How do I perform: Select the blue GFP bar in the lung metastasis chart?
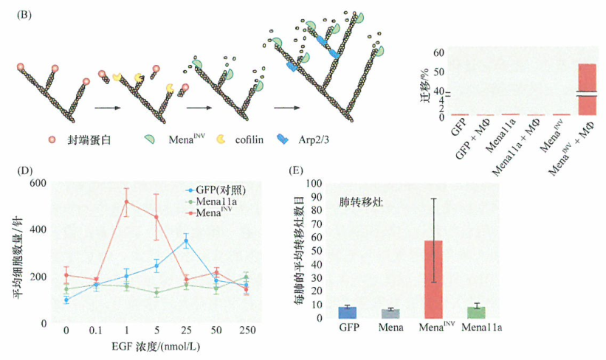(347, 312)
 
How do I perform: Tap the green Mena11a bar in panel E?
(475, 312)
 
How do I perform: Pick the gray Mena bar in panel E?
(390, 314)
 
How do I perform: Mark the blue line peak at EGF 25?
(186, 240)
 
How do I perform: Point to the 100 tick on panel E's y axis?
(316, 184)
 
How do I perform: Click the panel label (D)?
(24, 171)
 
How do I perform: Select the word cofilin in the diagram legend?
(252, 139)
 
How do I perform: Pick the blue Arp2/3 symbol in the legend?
(283, 139)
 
